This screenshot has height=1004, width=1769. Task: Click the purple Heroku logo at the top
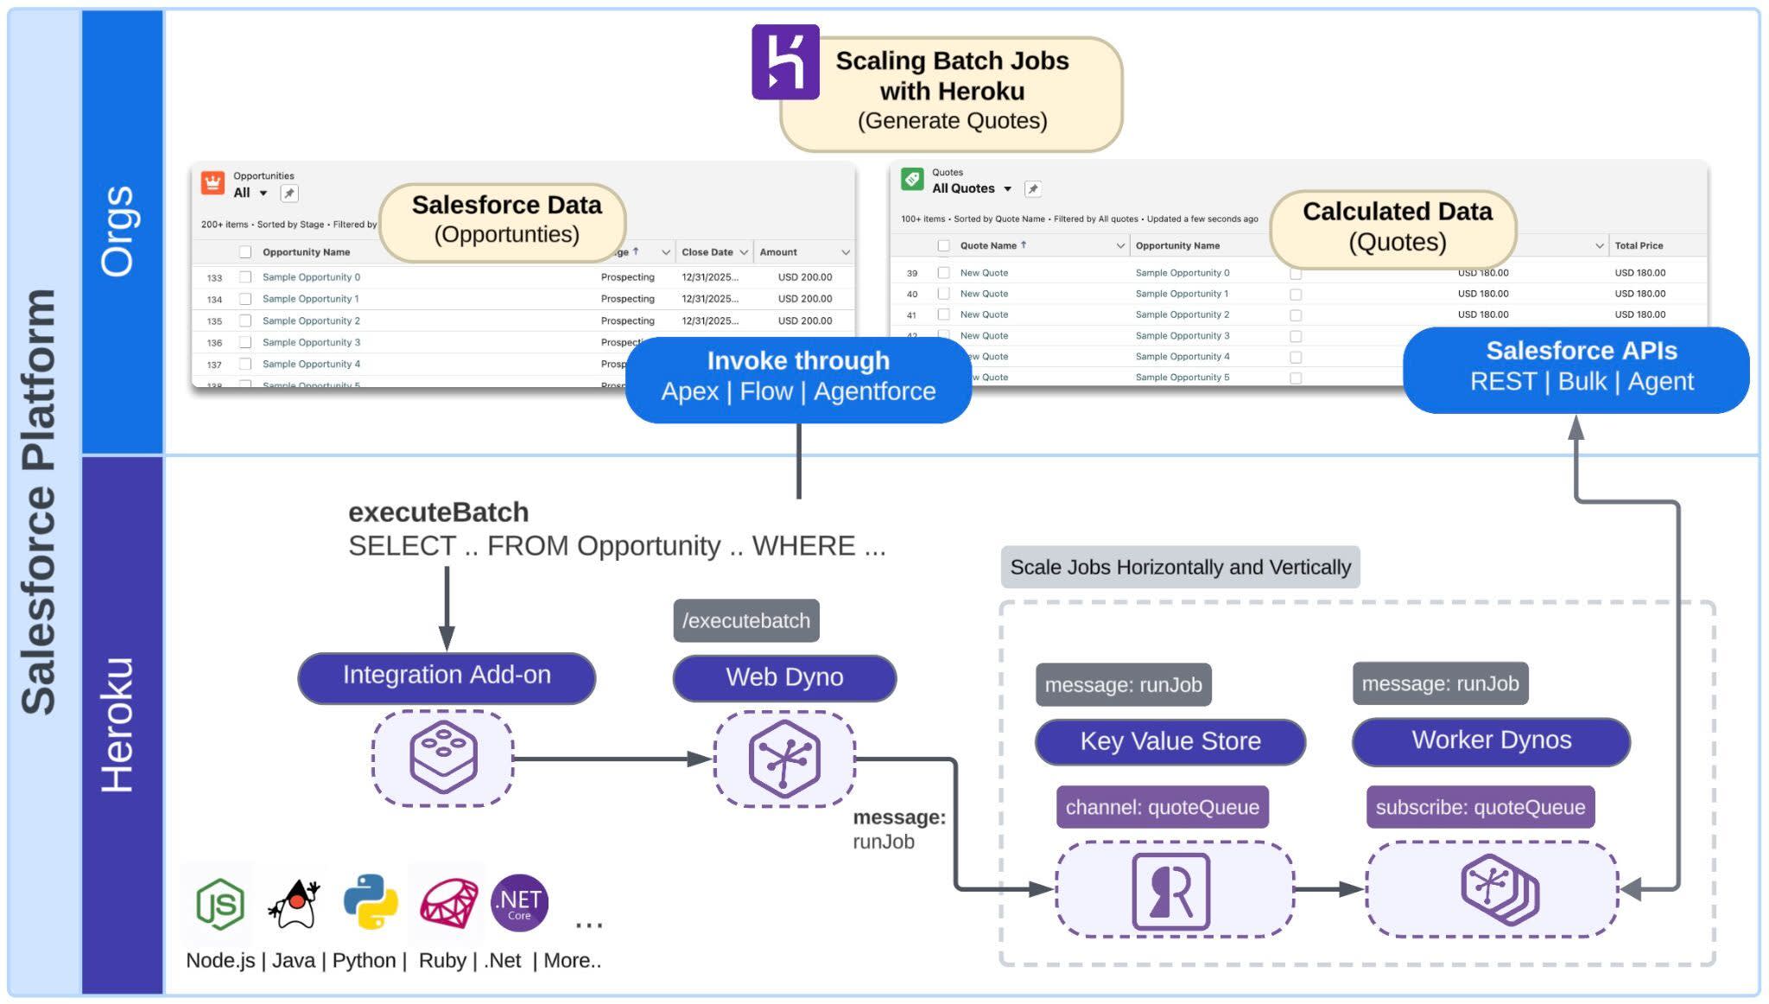(784, 61)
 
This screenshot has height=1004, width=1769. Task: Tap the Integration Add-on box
(446, 677)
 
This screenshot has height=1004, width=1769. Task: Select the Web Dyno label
(783, 678)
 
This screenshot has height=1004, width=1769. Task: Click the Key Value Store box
(1170, 741)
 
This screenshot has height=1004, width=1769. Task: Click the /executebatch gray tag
(745, 620)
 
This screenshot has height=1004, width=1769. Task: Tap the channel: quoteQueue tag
(1162, 807)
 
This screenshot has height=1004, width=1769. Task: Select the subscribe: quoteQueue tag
(1480, 807)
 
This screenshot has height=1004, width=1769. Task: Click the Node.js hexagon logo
(219, 904)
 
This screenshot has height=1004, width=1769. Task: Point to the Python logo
(371, 902)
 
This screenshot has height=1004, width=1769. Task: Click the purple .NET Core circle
(519, 903)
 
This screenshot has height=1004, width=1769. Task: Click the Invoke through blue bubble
(798, 377)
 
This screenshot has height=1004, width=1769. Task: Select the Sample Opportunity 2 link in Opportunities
(311, 321)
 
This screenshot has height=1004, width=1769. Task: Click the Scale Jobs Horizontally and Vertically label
(1180, 568)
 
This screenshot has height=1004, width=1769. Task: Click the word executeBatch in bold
(438, 512)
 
